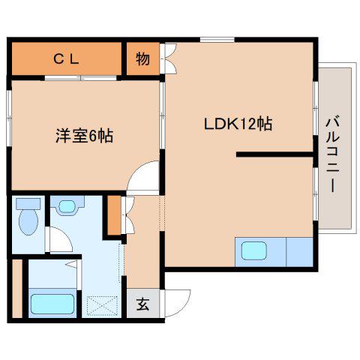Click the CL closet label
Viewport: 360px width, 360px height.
67,59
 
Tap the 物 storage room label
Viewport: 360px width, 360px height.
143,59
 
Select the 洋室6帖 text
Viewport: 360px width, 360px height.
84,136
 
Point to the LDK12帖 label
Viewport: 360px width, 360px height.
238,124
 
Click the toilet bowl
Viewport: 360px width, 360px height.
28,222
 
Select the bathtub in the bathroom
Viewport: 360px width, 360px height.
52,304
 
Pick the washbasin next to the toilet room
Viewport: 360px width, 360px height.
67,205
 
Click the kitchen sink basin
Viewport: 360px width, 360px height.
254,250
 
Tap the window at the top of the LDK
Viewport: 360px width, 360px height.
217,40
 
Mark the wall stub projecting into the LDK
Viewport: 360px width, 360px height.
275,154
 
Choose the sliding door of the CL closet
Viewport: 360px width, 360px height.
81,78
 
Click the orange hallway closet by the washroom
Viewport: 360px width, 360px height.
114,215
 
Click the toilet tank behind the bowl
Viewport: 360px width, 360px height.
28,204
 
